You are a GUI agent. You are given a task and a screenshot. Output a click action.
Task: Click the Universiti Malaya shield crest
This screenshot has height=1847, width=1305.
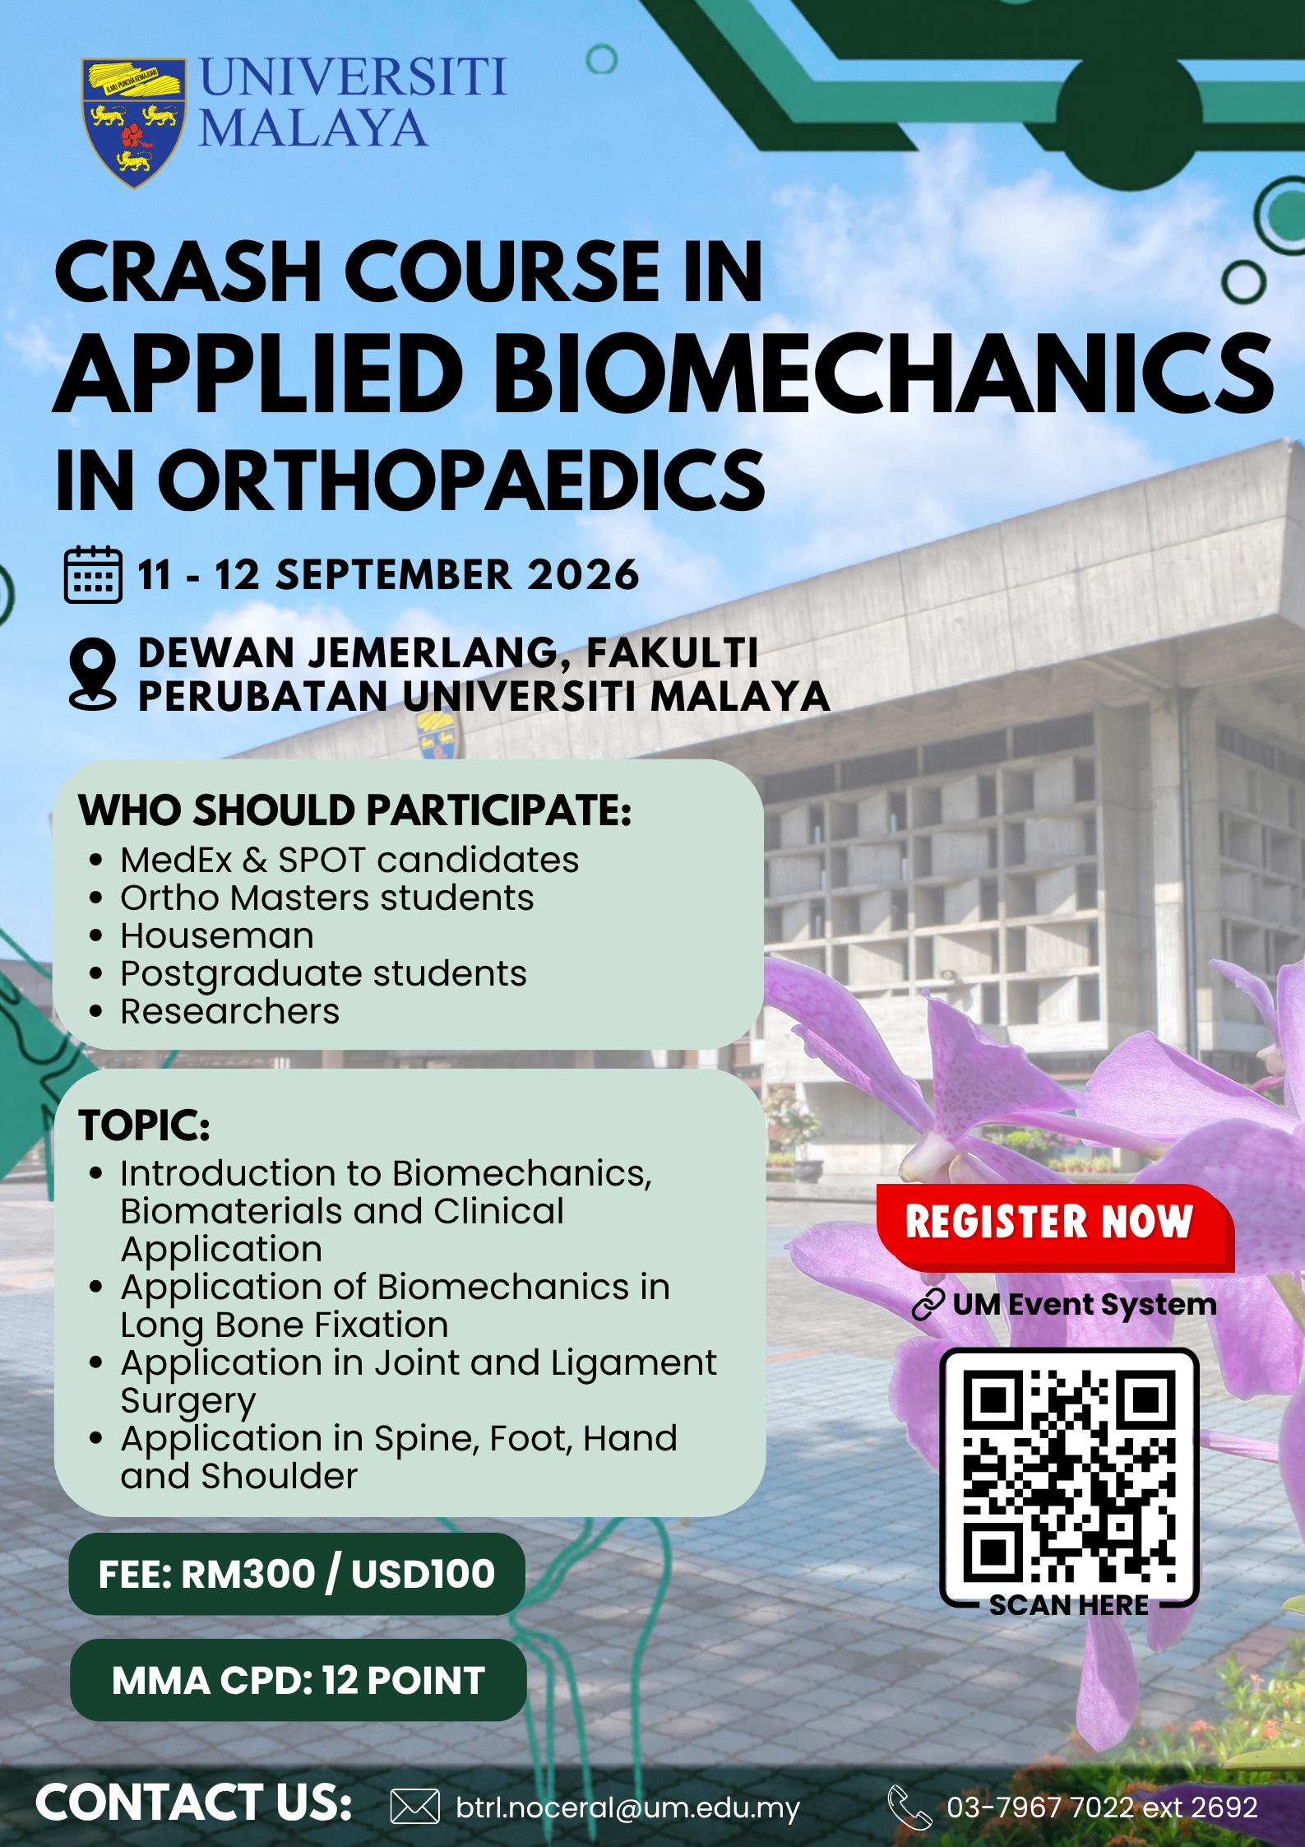click(134, 123)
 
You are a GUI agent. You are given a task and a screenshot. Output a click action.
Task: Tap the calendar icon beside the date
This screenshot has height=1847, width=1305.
click(93, 574)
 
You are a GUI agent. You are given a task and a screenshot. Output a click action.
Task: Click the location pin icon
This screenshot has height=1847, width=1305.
click(93, 674)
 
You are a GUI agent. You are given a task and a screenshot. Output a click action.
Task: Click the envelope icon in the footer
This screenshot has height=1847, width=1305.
click(414, 1807)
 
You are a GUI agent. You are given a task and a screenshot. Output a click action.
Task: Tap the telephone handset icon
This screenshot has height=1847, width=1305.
click(909, 1807)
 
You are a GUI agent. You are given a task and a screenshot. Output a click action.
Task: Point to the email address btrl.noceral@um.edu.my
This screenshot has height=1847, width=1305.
click(627, 1808)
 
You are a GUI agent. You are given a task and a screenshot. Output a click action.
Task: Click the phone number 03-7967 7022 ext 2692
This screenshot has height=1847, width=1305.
click(1102, 1807)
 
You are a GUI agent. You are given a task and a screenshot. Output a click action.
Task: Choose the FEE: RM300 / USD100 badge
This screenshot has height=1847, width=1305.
click(297, 1574)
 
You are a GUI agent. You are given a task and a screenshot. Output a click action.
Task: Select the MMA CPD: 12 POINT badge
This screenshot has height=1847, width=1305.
click(298, 1680)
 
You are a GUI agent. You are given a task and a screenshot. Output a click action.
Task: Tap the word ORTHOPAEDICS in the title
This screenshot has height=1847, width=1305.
click(461, 480)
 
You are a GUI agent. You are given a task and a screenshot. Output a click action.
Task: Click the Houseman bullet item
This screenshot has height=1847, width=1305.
click(217, 935)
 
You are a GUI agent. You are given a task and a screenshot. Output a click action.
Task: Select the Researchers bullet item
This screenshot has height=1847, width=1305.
click(229, 1011)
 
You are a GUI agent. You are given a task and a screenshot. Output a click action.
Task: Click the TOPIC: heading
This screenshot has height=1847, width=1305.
click(144, 1125)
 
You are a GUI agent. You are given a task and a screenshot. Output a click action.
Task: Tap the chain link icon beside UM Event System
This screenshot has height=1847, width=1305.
click(928, 1305)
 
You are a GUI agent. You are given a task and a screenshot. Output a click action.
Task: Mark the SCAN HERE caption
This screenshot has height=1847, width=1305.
click(1068, 1604)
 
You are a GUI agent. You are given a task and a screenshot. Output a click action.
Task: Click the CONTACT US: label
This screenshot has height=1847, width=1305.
click(194, 1803)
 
